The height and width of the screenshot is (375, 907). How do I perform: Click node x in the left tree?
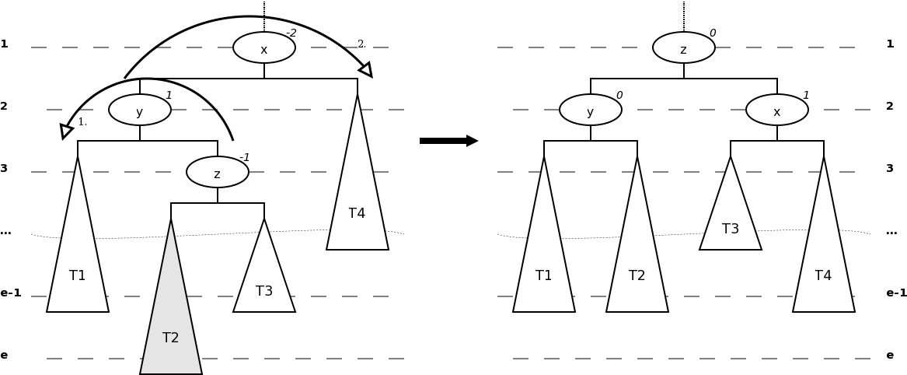264,47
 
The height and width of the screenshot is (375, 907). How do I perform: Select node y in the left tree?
140,110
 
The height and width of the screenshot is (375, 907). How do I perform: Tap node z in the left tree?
218,172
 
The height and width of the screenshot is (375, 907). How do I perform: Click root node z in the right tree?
684,47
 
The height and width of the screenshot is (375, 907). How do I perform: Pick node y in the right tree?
591,110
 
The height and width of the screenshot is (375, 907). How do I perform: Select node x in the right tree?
777,110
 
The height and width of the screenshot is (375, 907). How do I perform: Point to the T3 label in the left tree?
264,292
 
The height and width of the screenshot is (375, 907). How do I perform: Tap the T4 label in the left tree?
357,214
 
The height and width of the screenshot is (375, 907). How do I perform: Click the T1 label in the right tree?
544,276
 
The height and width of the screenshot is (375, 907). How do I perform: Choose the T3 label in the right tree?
731,230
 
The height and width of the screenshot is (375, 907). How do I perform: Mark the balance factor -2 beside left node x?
291,33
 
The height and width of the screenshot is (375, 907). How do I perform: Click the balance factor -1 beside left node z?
245,158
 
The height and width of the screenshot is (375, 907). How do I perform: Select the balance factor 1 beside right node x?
806,96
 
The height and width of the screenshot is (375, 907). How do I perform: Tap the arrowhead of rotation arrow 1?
66,131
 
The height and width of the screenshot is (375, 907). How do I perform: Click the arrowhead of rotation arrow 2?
366,70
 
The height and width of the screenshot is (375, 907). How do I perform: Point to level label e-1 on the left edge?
11,293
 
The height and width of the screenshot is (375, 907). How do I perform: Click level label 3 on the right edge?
890,169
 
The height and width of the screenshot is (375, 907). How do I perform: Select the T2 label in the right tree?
637,276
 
